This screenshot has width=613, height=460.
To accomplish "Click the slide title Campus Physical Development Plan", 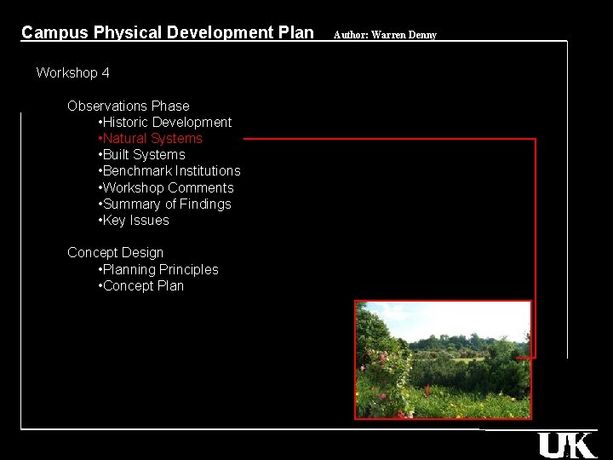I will point(167,33).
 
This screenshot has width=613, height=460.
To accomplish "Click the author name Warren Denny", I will point(404,35).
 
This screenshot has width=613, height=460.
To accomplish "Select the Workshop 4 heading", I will point(72,73).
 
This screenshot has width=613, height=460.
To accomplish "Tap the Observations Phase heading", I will point(128,106).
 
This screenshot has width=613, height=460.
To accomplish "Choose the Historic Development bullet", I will point(166,123).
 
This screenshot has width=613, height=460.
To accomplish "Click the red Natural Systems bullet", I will point(152,139).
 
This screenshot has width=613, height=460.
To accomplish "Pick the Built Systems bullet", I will point(143,155).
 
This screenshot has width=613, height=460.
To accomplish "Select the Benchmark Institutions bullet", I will point(170,171).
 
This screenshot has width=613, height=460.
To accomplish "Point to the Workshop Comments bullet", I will point(167,188).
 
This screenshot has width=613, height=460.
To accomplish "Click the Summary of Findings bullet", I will point(166,204).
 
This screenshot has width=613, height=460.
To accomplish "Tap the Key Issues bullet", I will point(135,221).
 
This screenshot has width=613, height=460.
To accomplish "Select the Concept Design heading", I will point(115,253).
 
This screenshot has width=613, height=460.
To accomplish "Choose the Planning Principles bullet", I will point(159,270).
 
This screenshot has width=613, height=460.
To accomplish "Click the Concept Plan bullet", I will point(142,286).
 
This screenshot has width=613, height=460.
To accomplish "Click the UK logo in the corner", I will point(566,445).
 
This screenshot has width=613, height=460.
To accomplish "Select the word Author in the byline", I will point(349,35).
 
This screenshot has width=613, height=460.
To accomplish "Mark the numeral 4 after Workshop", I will point(106,73).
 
